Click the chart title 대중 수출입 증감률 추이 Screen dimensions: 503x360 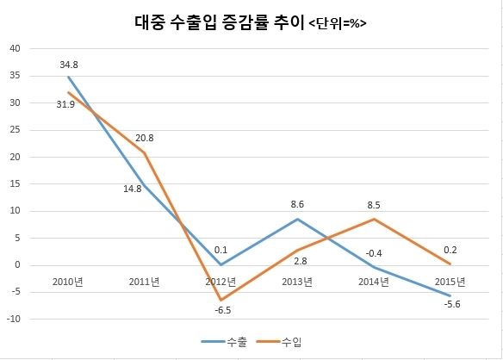click(x=219, y=22)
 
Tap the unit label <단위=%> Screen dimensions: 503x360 click(x=338, y=24)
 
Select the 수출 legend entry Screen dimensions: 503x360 click(x=224, y=342)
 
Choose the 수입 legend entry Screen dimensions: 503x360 click(x=279, y=342)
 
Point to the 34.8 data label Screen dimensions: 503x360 click(x=69, y=65)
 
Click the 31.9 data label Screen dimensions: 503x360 click(x=65, y=104)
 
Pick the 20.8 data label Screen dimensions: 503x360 click(x=145, y=138)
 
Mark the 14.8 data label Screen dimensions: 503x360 click(x=133, y=189)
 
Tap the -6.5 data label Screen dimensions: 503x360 click(x=222, y=310)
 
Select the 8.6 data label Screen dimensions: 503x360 click(x=297, y=204)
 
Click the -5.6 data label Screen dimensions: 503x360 click(x=452, y=304)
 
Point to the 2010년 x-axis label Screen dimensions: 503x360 click(x=68, y=282)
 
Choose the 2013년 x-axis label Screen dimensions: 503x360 click(x=297, y=282)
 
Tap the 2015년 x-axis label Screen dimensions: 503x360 click(x=450, y=282)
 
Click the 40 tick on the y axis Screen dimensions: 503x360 click(x=16, y=48)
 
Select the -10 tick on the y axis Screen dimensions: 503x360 click(x=14, y=319)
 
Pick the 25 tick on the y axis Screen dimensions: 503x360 click(x=16, y=130)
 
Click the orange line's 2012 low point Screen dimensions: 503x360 click(x=221, y=301)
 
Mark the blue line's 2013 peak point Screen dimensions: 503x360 click(x=297, y=219)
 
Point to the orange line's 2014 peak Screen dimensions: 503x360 click(x=374, y=220)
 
